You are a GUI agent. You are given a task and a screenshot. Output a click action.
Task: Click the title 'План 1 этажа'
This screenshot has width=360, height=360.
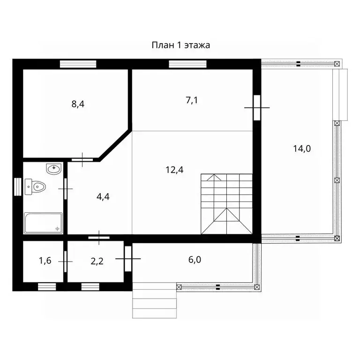click(180, 45)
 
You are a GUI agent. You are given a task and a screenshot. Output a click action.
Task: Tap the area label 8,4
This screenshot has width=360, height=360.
click(78, 104)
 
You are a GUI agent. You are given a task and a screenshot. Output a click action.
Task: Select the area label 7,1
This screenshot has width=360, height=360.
click(192, 100)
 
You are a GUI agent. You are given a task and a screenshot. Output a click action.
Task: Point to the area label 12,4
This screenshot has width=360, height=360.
click(174, 170)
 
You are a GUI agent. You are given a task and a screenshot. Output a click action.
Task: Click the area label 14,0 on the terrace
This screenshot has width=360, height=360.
click(302, 149)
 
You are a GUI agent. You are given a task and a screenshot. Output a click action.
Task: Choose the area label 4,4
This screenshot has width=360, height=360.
click(103, 197)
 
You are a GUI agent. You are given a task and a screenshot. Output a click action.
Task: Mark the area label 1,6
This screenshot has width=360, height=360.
click(45, 261)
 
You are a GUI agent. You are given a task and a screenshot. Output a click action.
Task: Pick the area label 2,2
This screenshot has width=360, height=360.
click(97, 261)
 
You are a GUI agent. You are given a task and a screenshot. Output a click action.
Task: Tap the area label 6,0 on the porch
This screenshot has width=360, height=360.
click(195, 260)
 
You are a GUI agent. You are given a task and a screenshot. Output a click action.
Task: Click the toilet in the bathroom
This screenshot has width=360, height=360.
click(35, 187)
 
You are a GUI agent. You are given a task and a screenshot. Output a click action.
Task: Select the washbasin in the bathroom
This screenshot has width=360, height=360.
click(54, 169)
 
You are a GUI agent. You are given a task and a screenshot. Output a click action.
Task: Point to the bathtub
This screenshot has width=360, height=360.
click(43, 223)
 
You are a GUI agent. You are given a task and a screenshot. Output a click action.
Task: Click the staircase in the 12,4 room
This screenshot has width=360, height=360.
click(226, 204)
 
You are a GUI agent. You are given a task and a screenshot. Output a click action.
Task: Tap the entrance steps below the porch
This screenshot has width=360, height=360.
click(155, 300)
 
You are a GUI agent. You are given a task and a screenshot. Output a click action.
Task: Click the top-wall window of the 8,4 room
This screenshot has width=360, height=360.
click(78, 64)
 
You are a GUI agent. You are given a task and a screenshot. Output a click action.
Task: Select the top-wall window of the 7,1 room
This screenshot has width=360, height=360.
click(187, 64)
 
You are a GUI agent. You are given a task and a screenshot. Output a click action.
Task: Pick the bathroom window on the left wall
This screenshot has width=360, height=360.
click(18, 187)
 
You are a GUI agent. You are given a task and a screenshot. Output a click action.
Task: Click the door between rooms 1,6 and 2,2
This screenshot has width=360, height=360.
click(65, 262)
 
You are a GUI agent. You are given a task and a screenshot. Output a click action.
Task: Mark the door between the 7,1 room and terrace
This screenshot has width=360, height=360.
click(257, 107)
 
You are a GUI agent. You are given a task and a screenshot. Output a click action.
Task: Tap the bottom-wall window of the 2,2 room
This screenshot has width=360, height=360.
click(90, 287)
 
